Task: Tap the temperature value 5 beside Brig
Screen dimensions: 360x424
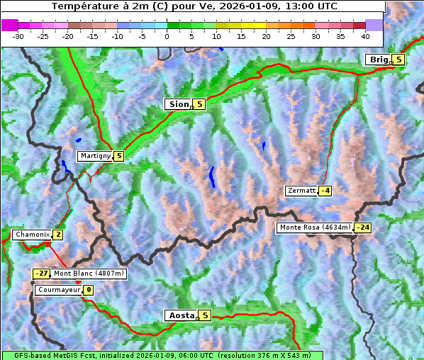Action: pyautogui.click(x=398, y=60)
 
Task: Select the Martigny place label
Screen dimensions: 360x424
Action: pyautogui.click(x=94, y=156)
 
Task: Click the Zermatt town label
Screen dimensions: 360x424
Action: pyautogui.click(x=301, y=191)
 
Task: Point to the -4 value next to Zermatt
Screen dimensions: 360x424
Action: pyautogui.click(x=325, y=191)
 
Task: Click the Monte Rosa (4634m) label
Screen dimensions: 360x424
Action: pyautogui.click(x=314, y=227)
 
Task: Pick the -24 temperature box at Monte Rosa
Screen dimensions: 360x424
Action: pyautogui.click(x=362, y=227)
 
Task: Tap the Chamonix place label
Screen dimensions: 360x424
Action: pyautogui.click(x=31, y=235)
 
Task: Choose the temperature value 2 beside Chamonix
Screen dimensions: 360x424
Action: pyautogui.click(x=57, y=235)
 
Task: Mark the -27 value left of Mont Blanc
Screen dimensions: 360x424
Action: pyautogui.click(x=42, y=274)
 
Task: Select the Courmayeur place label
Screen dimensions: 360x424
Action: pyautogui.click(x=58, y=290)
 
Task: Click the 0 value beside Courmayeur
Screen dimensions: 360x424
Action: pyautogui.click(x=89, y=290)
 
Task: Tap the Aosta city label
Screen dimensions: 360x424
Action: pyautogui.click(x=180, y=315)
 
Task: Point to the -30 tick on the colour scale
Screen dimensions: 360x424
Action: pyautogui.click(x=18, y=35)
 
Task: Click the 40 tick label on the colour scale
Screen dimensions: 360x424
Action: pyautogui.click(x=365, y=35)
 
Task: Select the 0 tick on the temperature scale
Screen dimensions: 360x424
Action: pyautogui.click(x=167, y=35)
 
